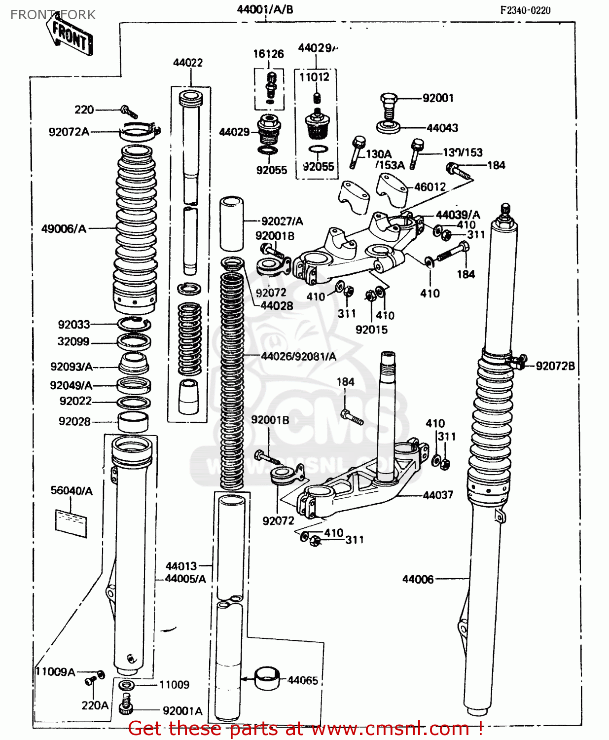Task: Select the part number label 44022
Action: tap(188, 63)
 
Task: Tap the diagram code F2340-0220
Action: tap(525, 10)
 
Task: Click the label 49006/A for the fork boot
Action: tap(64, 228)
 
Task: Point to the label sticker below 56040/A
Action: tap(71, 523)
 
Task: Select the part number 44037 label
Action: tap(438, 495)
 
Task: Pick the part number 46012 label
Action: tap(430, 187)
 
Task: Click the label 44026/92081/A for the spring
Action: tap(299, 356)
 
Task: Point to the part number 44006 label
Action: tap(418, 579)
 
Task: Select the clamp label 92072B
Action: tap(555, 366)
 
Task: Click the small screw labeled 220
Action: tap(129, 112)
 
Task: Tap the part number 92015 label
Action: tap(371, 330)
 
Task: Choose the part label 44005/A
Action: tap(185, 579)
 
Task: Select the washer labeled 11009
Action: tap(126, 685)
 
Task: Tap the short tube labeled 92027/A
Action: tap(232, 224)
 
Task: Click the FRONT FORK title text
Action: tap(53, 15)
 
